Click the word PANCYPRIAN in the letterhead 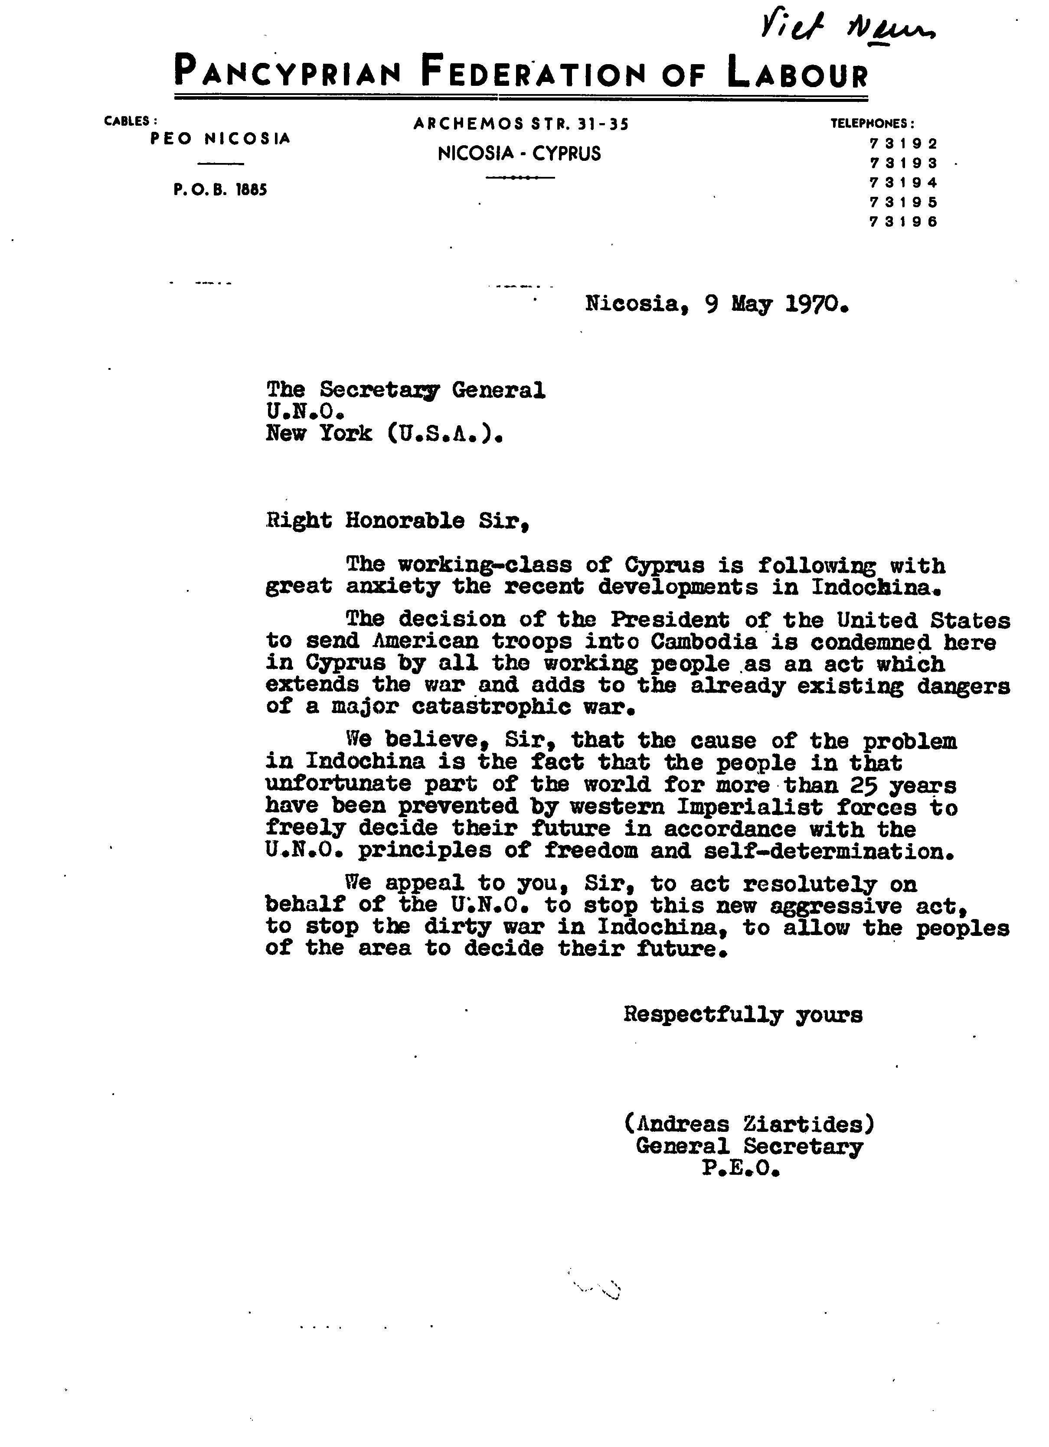287,72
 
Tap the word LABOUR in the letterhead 797,72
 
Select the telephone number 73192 903,143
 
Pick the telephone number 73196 903,222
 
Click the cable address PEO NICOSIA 220,138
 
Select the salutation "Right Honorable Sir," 398,521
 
